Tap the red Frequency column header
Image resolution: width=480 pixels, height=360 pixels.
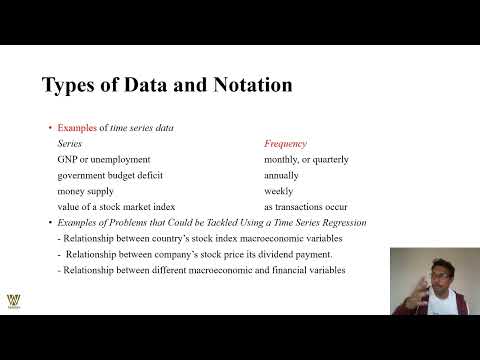click(285, 144)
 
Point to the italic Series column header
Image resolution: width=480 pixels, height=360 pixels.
click(72, 144)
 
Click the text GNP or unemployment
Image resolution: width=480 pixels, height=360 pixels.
click(104, 159)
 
